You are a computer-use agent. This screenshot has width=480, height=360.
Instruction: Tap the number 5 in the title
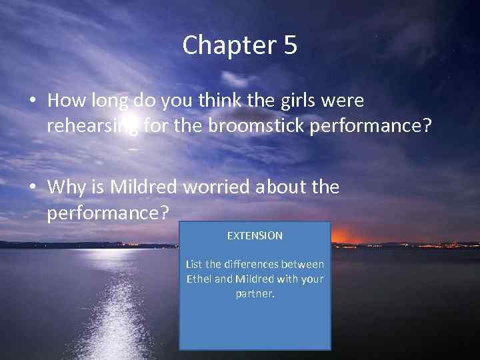(289, 45)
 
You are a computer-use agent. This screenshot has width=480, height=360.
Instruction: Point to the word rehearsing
(93, 125)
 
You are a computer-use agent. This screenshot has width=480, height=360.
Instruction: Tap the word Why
(65, 187)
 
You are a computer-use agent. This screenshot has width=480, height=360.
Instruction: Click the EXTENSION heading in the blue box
(255, 236)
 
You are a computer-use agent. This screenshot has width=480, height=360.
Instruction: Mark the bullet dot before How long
(33, 101)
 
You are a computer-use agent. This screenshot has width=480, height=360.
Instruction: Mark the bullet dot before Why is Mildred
(33, 188)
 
